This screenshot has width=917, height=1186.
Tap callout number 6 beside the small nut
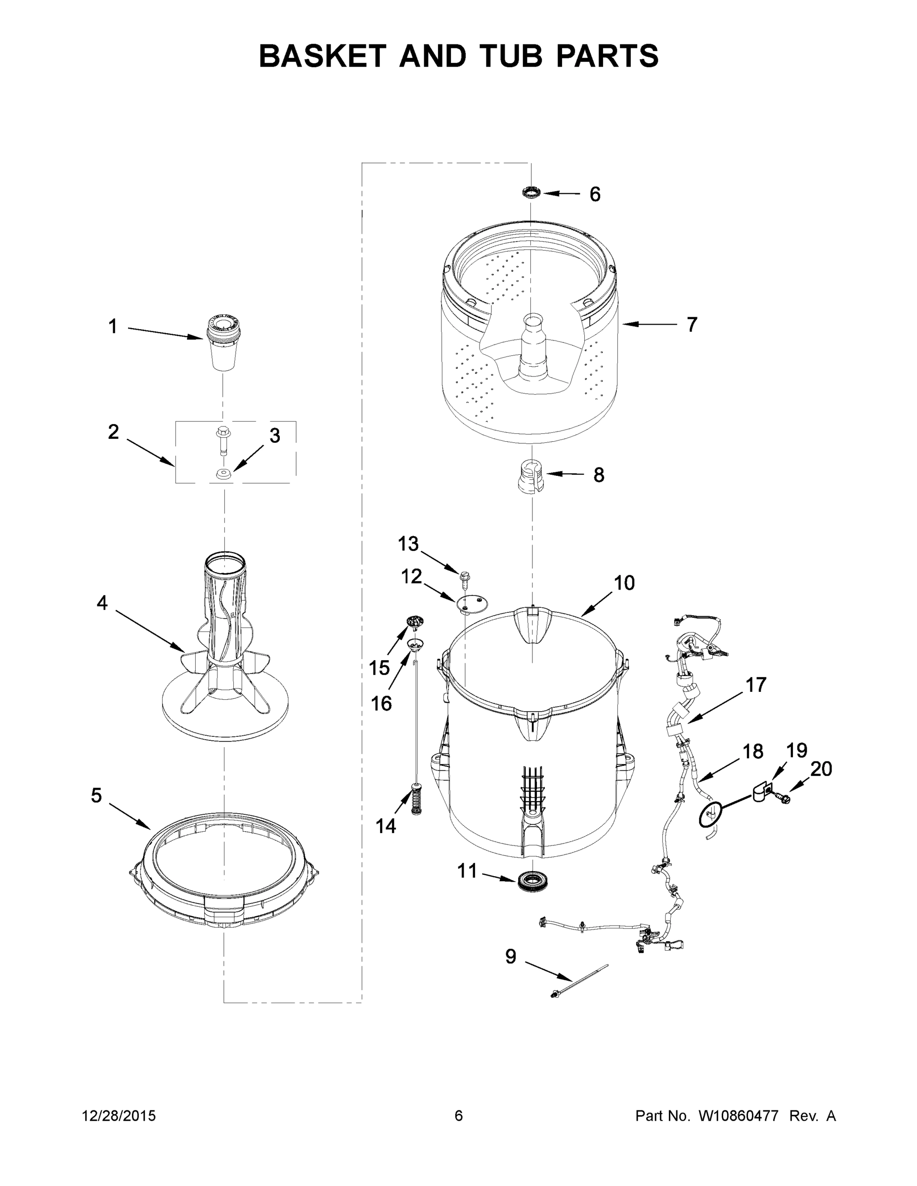(595, 194)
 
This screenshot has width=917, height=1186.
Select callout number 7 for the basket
(691, 325)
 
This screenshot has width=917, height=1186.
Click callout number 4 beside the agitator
(102, 603)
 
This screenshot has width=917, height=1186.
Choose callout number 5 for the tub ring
(96, 796)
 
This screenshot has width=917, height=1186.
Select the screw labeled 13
(465, 579)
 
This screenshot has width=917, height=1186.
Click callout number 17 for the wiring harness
(755, 685)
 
